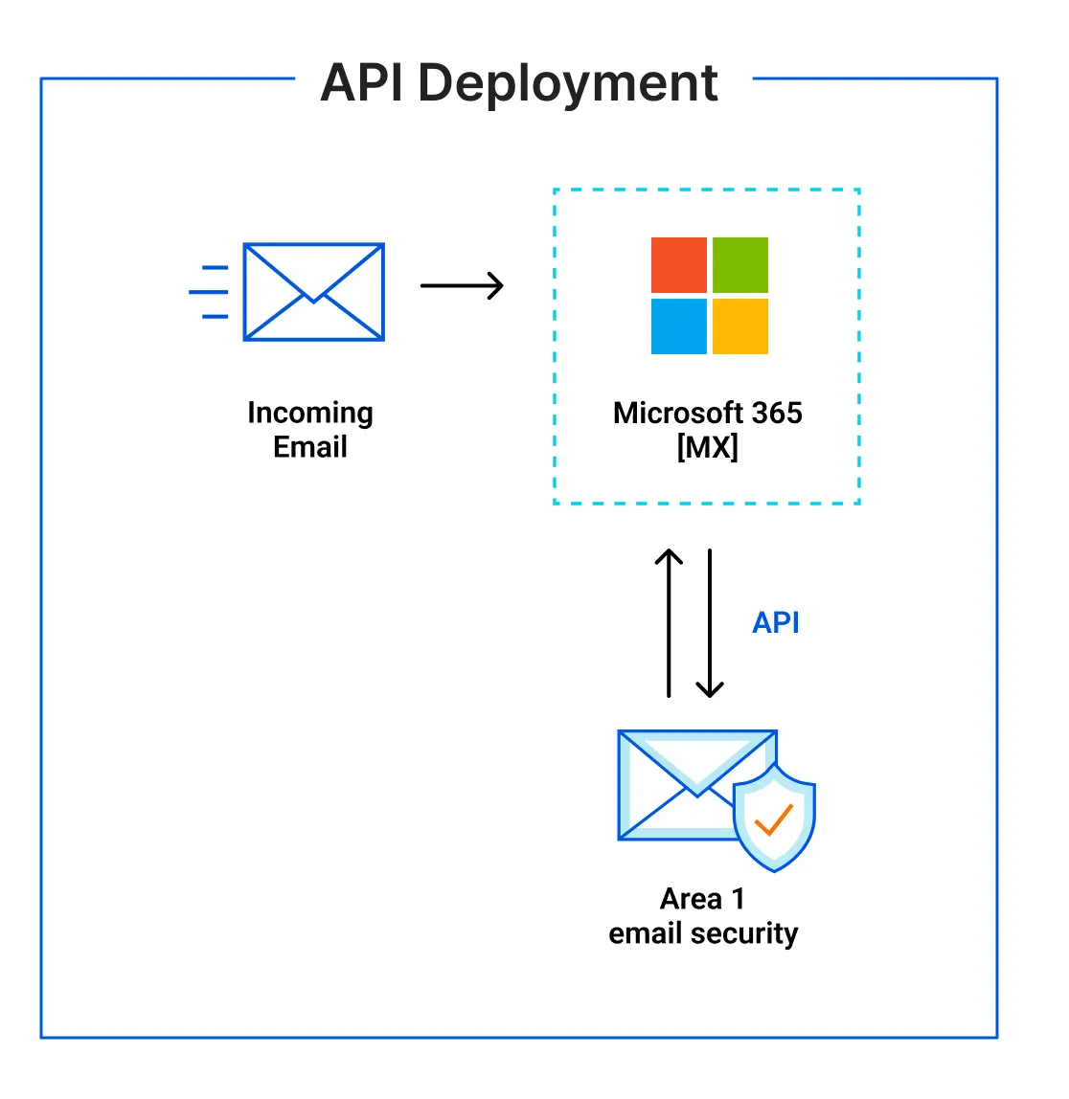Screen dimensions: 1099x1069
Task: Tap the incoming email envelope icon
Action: pos(313,292)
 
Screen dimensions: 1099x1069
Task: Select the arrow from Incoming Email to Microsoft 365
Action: pos(462,285)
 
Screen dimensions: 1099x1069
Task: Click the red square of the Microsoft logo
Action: pos(678,265)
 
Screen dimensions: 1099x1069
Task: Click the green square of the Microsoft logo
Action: pos(739,265)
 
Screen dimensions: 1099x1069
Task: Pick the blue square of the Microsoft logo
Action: pos(678,326)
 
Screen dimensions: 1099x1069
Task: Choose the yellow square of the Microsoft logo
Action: pos(739,326)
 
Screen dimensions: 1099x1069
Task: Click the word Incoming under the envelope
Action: pos(309,413)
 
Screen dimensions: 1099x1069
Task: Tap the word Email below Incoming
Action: pos(309,447)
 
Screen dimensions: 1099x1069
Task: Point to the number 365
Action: pos(777,413)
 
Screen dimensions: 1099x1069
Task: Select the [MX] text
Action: pos(707,447)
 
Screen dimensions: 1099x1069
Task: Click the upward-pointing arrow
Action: pos(669,622)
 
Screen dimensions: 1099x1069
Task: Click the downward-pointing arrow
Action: pos(710,622)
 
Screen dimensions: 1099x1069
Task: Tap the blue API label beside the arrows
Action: pos(775,623)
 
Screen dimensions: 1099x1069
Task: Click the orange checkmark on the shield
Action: pos(773,819)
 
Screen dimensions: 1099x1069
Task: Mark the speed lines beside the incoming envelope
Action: pos(211,292)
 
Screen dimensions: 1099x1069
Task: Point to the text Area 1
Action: pos(702,899)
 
